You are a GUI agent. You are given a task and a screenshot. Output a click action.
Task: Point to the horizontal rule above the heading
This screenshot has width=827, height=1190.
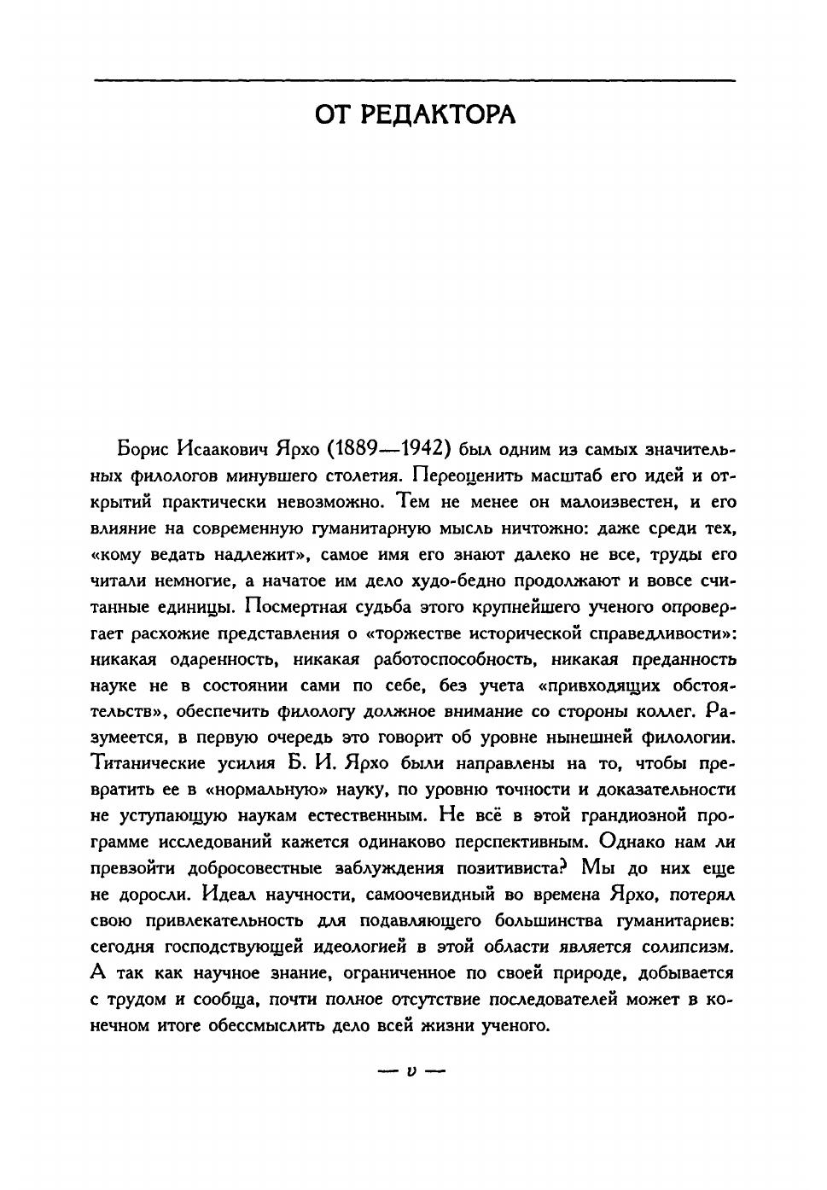point(414,80)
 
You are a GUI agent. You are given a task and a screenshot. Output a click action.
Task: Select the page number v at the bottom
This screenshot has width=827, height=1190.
point(412,1070)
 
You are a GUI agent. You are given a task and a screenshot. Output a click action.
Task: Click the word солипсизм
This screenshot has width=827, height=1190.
point(691,946)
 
